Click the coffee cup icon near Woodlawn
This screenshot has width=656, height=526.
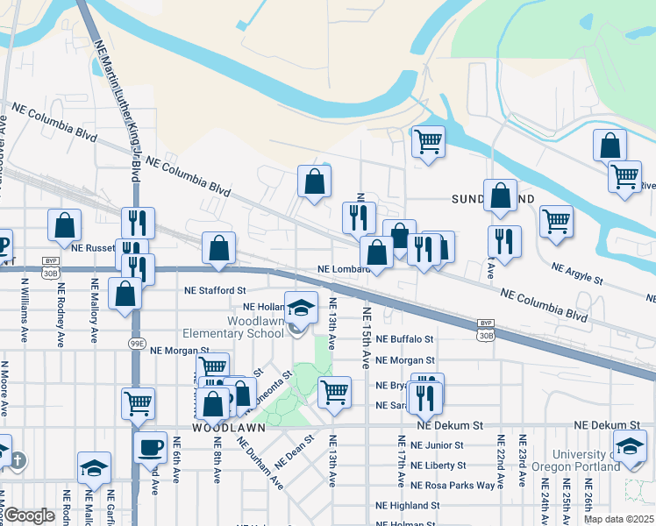(x=149, y=446)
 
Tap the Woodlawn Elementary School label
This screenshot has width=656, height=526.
(x=234, y=333)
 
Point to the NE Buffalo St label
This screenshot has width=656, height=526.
(x=405, y=338)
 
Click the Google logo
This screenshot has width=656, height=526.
(x=30, y=515)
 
